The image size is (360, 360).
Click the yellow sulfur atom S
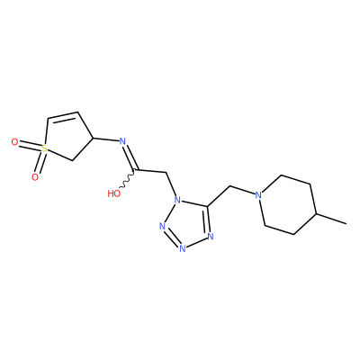44,148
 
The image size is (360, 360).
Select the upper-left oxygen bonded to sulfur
14,142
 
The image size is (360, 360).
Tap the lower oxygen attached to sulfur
35,177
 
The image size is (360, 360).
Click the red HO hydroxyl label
114,193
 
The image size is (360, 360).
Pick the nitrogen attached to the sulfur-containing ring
122,141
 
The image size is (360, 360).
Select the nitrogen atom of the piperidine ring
258,195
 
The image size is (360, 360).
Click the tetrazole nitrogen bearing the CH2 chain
177,199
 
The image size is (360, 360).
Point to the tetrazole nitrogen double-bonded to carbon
210,237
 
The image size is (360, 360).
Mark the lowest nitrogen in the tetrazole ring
182,248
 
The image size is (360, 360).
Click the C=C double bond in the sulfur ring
63,115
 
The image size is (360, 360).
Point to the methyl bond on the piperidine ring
331,219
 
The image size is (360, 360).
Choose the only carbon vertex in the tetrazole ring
207,206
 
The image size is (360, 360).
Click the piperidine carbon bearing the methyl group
316,213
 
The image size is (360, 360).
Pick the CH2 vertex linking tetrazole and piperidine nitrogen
229,186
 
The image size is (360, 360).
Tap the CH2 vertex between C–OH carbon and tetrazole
166,173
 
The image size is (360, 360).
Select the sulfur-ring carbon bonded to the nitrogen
94,138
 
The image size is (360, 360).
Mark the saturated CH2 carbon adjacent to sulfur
72,161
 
